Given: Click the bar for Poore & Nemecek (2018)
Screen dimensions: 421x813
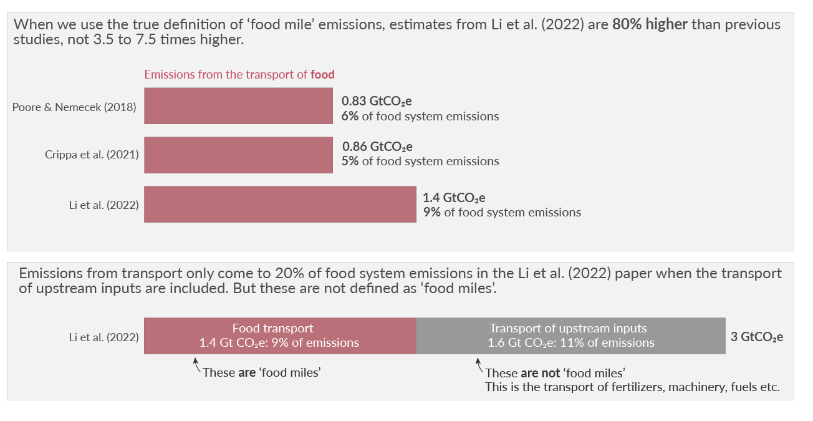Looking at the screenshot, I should (x=238, y=106).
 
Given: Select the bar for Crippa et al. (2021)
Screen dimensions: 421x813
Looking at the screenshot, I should (x=238, y=155).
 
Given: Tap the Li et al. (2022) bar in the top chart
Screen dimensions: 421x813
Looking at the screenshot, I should (x=280, y=204).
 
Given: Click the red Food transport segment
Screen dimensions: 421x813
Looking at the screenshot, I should (x=280, y=336).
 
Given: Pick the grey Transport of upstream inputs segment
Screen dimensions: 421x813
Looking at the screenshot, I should (x=570, y=336).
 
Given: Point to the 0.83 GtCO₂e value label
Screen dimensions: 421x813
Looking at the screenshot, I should (x=377, y=101).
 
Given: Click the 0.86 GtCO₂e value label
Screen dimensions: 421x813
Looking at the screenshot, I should (x=377, y=147).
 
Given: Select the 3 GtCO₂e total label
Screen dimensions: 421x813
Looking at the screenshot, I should (x=757, y=337).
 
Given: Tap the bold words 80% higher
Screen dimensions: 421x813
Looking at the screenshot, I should (x=650, y=25).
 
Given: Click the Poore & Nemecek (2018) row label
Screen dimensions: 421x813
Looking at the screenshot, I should (x=74, y=107).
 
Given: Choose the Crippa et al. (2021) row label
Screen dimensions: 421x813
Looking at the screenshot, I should (x=92, y=155).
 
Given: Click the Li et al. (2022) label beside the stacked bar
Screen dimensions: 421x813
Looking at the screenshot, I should (x=103, y=337).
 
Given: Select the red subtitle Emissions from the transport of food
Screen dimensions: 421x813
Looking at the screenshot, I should (x=239, y=74).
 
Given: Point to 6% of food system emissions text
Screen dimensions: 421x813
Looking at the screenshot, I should (x=420, y=116).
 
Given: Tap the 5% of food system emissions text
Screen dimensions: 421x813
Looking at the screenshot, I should (x=420, y=162).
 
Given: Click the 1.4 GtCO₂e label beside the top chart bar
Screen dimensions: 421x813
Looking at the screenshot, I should (x=454, y=198).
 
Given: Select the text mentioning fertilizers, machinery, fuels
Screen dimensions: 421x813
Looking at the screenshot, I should (x=632, y=387).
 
